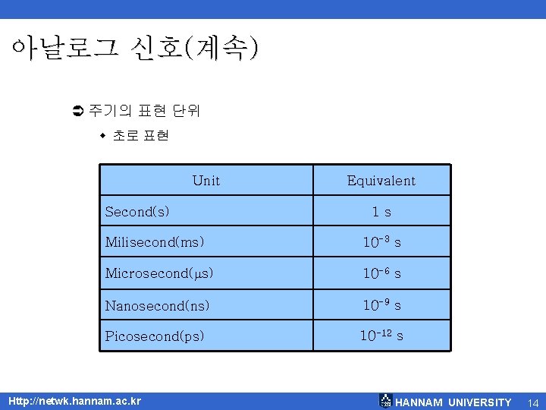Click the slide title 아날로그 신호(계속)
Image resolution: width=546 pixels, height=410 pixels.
(x=135, y=49)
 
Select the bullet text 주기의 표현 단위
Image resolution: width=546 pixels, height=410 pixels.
(x=144, y=111)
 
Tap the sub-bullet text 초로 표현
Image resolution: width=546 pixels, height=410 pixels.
(x=140, y=136)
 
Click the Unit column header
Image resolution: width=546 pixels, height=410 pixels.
(x=206, y=181)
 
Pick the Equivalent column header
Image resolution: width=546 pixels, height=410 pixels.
(x=381, y=181)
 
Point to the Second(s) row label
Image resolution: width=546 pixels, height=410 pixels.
(x=137, y=212)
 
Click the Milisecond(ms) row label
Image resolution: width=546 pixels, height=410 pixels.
(x=155, y=242)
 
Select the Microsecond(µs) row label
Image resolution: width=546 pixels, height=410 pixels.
(x=159, y=273)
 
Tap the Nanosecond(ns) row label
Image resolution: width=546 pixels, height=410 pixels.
(x=157, y=305)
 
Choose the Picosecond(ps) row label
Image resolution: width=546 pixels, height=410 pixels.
(x=155, y=336)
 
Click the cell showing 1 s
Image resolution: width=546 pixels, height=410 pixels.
(x=381, y=212)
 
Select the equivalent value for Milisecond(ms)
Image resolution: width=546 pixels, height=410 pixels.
(x=381, y=242)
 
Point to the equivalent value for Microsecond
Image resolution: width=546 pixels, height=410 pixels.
(x=381, y=273)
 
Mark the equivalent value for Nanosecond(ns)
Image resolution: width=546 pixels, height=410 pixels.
(x=381, y=305)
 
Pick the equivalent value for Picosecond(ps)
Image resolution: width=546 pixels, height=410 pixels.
(x=381, y=335)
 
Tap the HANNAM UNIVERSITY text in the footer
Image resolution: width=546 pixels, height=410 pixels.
(x=453, y=402)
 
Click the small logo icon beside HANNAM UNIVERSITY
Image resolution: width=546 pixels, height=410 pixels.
(x=385, y=401)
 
